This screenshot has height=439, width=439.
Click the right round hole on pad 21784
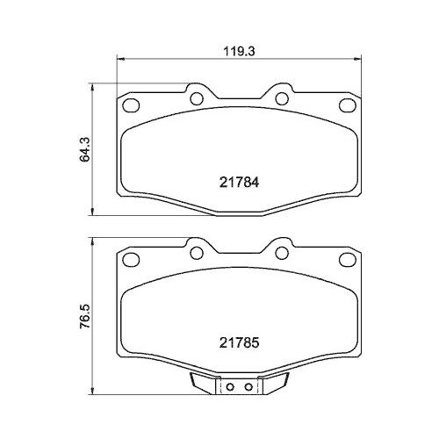click(282, 98)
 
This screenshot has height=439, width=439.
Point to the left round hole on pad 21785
click(197, 253)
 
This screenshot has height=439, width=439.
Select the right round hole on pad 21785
click(282, 253)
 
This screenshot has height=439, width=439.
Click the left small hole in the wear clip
click(230, 387)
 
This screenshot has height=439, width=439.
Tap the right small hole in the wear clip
click(248, 387)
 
